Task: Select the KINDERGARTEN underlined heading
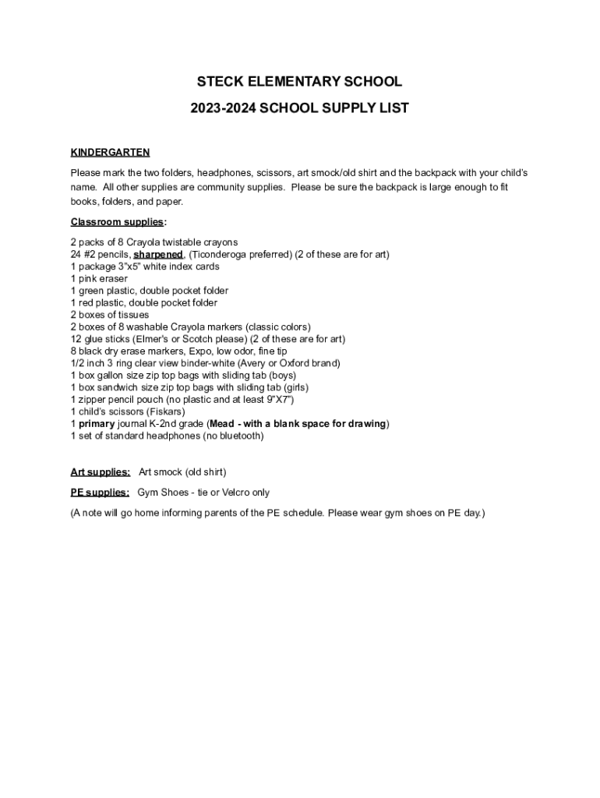tap(110, 152)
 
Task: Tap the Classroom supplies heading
tap(117, 222)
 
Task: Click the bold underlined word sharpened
tap(158, 255)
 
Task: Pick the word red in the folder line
tap(87, 303)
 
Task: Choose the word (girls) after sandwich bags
tap(295, 387)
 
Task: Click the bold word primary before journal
tap(97, 424)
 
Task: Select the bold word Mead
tap(223, 424)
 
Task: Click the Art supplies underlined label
tap(100, 472)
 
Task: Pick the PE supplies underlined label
tap(100, 493)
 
